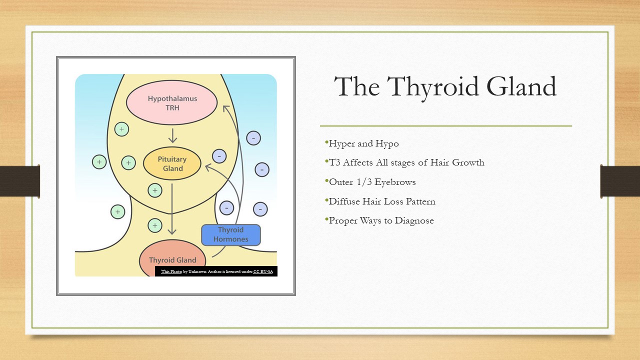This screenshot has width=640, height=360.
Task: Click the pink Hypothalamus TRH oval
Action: pyautogui.click(x=171, y=102)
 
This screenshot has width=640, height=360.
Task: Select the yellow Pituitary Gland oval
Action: pyautogui.click(x=172, y=163)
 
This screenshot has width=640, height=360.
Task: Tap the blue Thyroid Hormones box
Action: pyautogui.click(x=231, y=235)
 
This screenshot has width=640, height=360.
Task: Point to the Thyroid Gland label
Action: pyautogui.click(x=172, y=260)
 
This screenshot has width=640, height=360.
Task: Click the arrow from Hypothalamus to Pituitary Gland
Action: pyautogui.click(x=172, y=135)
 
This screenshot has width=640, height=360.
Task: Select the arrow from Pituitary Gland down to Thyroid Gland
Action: pyautogui.click(x=171, y=209)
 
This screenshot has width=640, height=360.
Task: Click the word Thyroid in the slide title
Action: pyautogui.click(x=433, y=87)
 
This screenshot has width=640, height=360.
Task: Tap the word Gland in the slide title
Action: pyautogui.click(x=521, y=86)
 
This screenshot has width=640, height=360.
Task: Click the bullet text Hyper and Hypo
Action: pyautogui.click(x=363, y=143)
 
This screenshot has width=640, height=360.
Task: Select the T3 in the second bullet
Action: pyautogui.click(x=334, y=162)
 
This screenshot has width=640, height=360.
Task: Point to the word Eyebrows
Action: pyautogui.click(x=395, y=182)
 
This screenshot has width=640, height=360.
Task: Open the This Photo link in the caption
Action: pyautogui.click(x=171, y=271)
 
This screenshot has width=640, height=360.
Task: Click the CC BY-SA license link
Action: pyautogui.click(x=263, y=271)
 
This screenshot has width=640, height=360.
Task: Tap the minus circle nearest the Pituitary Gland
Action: pyautogui.click(x=219, y=156)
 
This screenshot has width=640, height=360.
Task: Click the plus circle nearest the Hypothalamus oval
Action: pyautogui.click(x=121, y=129)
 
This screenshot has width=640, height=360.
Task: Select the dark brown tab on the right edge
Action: pyautogui.click(x=620, y=181)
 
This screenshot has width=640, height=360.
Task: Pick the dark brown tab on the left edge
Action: pyautogui.click(x=20, y=181)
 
